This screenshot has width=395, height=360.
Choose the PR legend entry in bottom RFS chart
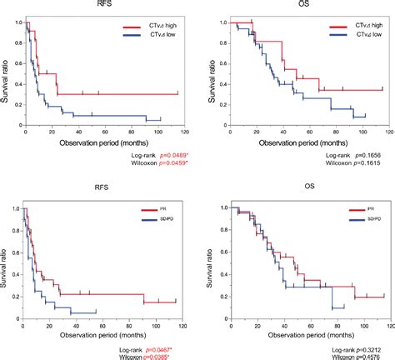tap(147, 212)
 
